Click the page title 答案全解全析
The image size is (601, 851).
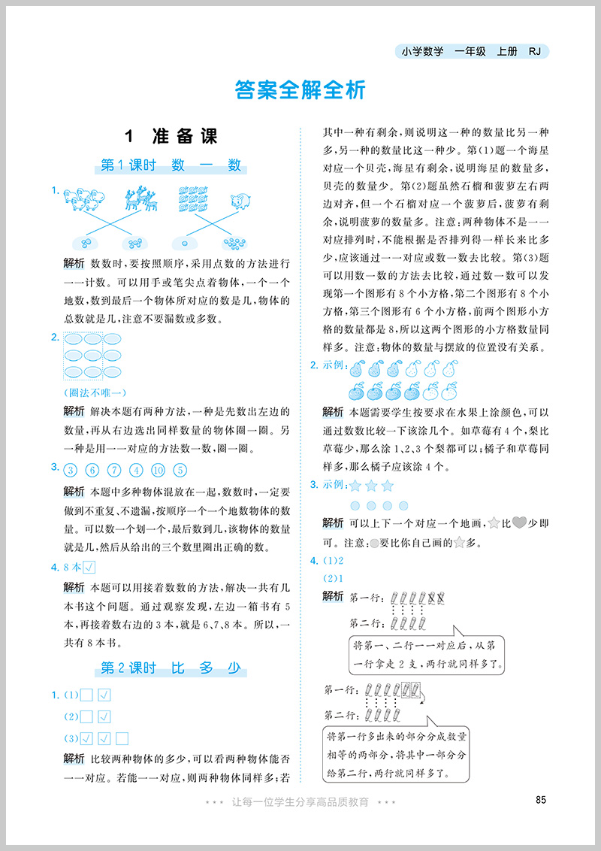tap(300, 90)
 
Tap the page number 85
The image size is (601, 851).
tap(540, 799)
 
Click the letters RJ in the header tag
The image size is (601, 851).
tap(534, 52)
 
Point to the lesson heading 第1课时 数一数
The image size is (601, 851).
tap(171, 165)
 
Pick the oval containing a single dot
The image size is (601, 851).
tap(183, 243)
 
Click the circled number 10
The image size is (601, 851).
tap(158, 471)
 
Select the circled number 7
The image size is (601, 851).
tap(114, 471)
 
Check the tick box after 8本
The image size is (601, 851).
tap(88, 567)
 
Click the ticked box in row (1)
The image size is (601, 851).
tap(105, 695)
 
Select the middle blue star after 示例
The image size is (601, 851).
tap(370, 486)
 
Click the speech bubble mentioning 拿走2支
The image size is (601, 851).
tap(426, 654)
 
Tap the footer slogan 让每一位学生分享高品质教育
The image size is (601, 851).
tap(300, 802)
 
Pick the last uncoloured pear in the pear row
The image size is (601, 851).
tap(448, 369)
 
